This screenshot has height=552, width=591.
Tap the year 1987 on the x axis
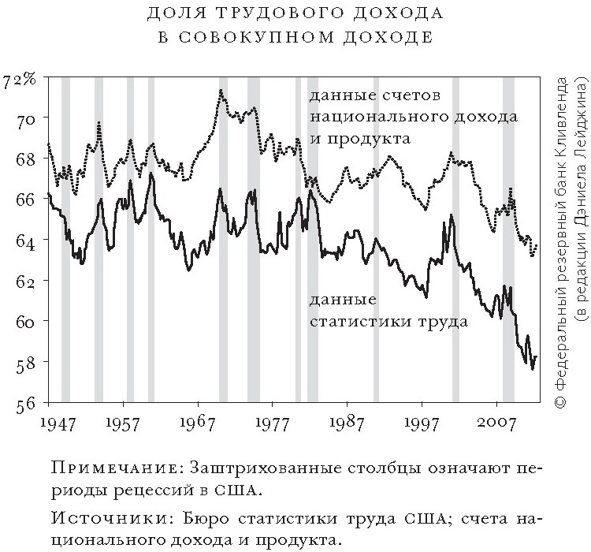click(x=347, y=423)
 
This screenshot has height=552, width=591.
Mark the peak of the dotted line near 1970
click(x=221, y=90)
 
